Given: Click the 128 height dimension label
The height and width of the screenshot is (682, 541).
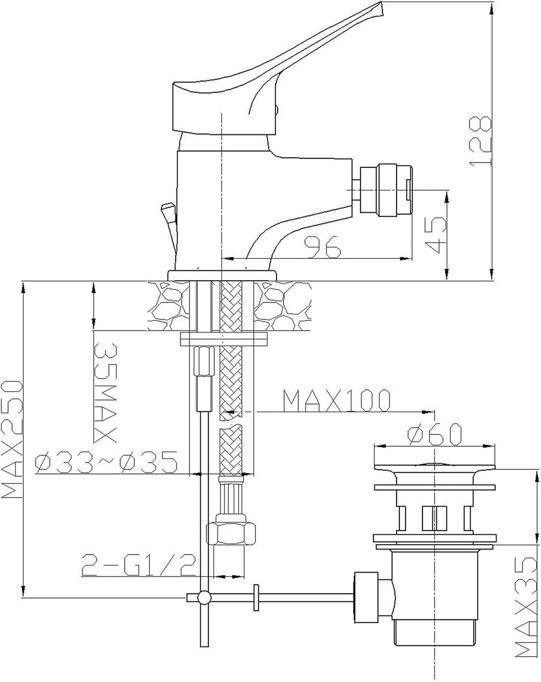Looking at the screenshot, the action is (x=480, y=141).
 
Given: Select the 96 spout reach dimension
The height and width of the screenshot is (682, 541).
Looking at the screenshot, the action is (x=322, y=246).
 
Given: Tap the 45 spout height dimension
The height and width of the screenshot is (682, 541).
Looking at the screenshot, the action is (x=436, y=235).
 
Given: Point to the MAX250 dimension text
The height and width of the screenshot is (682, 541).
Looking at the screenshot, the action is (x=12, y=439).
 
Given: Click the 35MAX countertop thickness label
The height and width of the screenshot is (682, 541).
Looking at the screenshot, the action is (x=105, y=393).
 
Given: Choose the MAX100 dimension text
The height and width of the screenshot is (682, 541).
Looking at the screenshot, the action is (x=337, y=400).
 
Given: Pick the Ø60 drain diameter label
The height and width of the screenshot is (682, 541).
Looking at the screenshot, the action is (x=434, y=434).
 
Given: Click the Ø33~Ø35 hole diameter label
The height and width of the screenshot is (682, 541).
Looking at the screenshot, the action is (x=106, y=462).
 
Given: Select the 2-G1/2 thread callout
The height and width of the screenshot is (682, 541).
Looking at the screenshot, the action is (x=138, y=565).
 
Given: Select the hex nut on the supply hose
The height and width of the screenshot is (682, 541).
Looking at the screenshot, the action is (x=231, y=533).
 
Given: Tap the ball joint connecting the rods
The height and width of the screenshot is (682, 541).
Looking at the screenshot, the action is (x=204, y=597).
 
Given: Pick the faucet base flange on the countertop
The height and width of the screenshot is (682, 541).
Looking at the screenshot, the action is (x=222, y=275).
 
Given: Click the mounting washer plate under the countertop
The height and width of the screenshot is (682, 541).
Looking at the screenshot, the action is (x=224, y=339).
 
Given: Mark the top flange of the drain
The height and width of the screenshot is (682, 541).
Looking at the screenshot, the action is (x=434, y=467).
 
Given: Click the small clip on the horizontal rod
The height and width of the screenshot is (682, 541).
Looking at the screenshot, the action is (x=256, y=597).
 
